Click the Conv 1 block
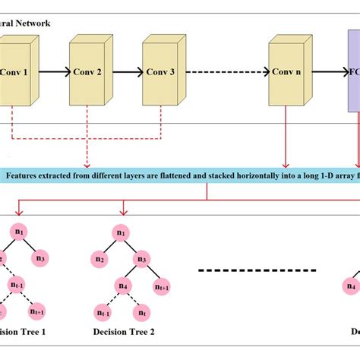(x=15, y=74)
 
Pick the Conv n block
(x=286, y=74)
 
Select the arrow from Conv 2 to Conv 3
(x=126, y=74)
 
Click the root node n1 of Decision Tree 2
(x=120, y=232)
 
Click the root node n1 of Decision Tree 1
(x=20, y=231)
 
